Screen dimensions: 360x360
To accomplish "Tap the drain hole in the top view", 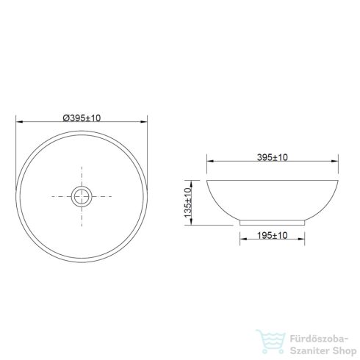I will (x=81, y=196).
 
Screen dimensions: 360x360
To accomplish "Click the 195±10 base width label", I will (x=272, y=234).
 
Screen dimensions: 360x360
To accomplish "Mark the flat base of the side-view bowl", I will (x=273, y=220).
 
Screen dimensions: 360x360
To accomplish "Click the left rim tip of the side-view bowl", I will (x=208, y=180).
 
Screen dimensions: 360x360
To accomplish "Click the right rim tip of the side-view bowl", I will (x=337, y=180).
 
